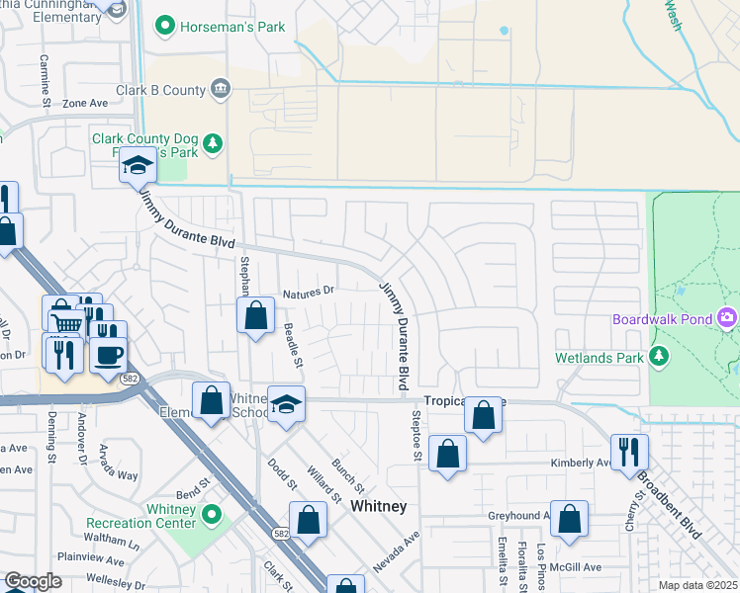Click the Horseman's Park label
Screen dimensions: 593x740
pyautogui.click(x=232, y=27)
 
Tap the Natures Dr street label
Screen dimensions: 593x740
pyautogui.click(x=309, y=292)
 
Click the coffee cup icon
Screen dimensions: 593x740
pyautogui.click(x=108, y=353)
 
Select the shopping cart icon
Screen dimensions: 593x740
pyautogui.click(x=65, y=322)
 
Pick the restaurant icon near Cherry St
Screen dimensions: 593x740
pyautogui.click(x=629, y=451)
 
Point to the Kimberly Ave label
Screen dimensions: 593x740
pyautogui.click(x=580, y=462)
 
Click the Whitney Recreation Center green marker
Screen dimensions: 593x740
pyautogui.click(x=210, y=515)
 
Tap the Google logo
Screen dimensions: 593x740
pyautogui.click(x=33, y=581)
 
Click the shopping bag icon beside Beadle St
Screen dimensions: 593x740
pyautogui.click(x=255, y=317)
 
